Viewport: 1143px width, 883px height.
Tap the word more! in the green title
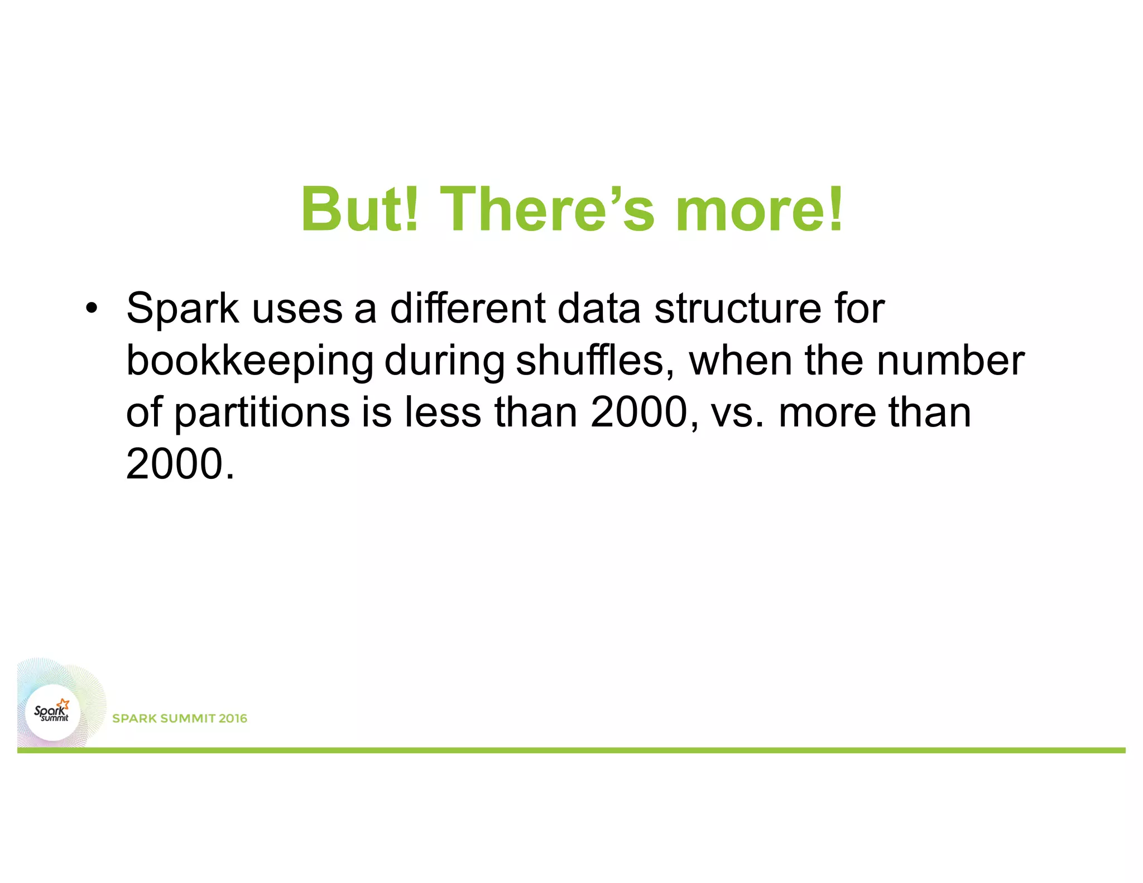[x=759, y=209]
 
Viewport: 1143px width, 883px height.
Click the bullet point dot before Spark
[x=92, y=308]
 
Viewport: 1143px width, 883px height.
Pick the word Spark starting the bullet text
[x=183, y=308]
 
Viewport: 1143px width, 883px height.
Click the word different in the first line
[x=468, y=308]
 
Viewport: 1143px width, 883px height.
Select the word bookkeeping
[x=250, y=361]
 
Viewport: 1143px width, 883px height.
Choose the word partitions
[x=262, y=413]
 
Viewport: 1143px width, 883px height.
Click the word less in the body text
[x=443, y=412]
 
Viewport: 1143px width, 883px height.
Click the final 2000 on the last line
[x=175, y=464]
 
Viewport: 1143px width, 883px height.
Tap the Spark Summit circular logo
[x=53, y=712]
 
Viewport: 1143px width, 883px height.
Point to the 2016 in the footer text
[x=233, y=718]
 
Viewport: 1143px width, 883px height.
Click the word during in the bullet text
[x=444, y=361]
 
